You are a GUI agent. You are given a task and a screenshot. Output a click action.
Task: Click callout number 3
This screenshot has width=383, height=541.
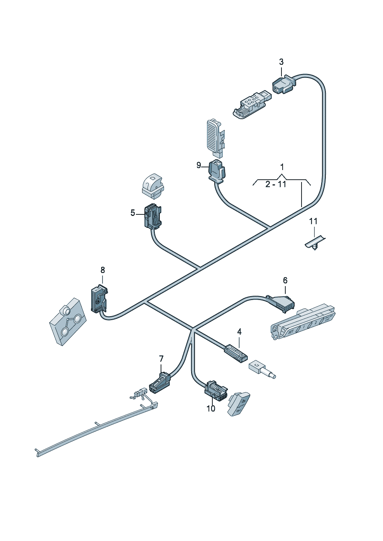point(281,62)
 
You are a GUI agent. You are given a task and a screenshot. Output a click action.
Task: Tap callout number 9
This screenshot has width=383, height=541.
point(199,165)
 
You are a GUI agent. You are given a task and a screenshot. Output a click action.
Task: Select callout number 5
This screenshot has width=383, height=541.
point(133,213)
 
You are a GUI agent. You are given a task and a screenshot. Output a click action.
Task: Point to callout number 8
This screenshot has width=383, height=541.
point(103,270)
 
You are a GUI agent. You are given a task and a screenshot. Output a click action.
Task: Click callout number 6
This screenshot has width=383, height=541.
point(285,280)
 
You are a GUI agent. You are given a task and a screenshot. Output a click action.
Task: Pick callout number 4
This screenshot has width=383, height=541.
point(239,332)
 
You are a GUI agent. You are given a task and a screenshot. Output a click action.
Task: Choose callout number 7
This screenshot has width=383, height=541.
point(161,359)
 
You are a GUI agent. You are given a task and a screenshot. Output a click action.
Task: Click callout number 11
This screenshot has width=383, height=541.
point(313,221)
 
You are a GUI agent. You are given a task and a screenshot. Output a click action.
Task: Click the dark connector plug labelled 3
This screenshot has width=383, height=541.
point(283,84)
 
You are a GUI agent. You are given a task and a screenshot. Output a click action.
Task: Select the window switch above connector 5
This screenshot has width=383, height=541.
point(152,184)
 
